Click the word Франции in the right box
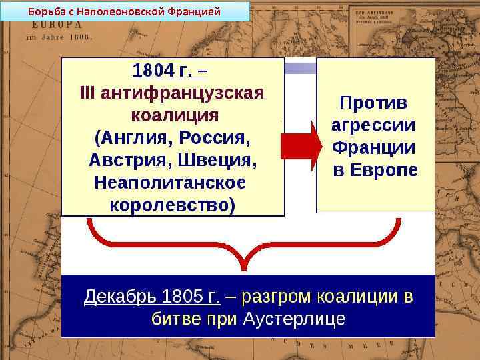[374, 147]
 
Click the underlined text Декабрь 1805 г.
[152, 296]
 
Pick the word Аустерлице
[294, 319]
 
